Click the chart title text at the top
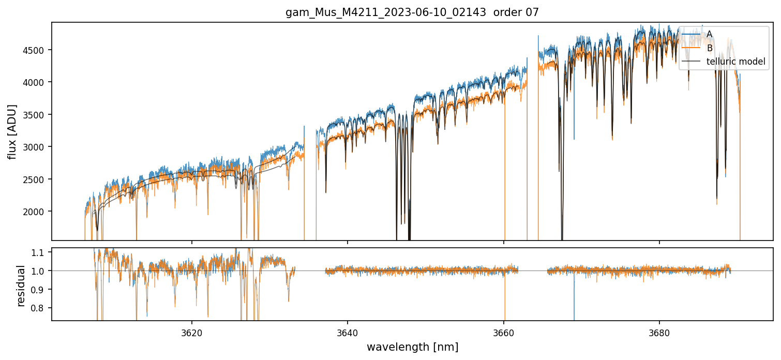pyautogui.click(x=412, y=12)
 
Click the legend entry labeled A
pyautogui.click(x=709, y=34)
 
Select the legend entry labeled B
pyautogui.click(x=709, y=48)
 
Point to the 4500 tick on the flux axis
pyautogui.click(x=37, y=50)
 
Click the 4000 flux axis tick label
pyautogui.click(x=37, y=82)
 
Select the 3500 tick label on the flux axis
pyautogui.click(x=37, y=114)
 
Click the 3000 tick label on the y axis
pyautogui.click(x=37, y=147)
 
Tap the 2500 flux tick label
pyautogui.click(x=37, y=179)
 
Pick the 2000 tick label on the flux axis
pyautogui.click(x=37, y=212)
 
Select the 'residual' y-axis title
pyautogui.click(x=21, y=286)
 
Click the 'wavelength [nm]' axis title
pyautogui.click(x=412, y=347)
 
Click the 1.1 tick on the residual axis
pyautogui.click(x=41, y=252)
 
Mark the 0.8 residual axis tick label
pyautogui.click(x=41, y=308)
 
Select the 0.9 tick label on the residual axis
pyautogui.click(x=41, y=290)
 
